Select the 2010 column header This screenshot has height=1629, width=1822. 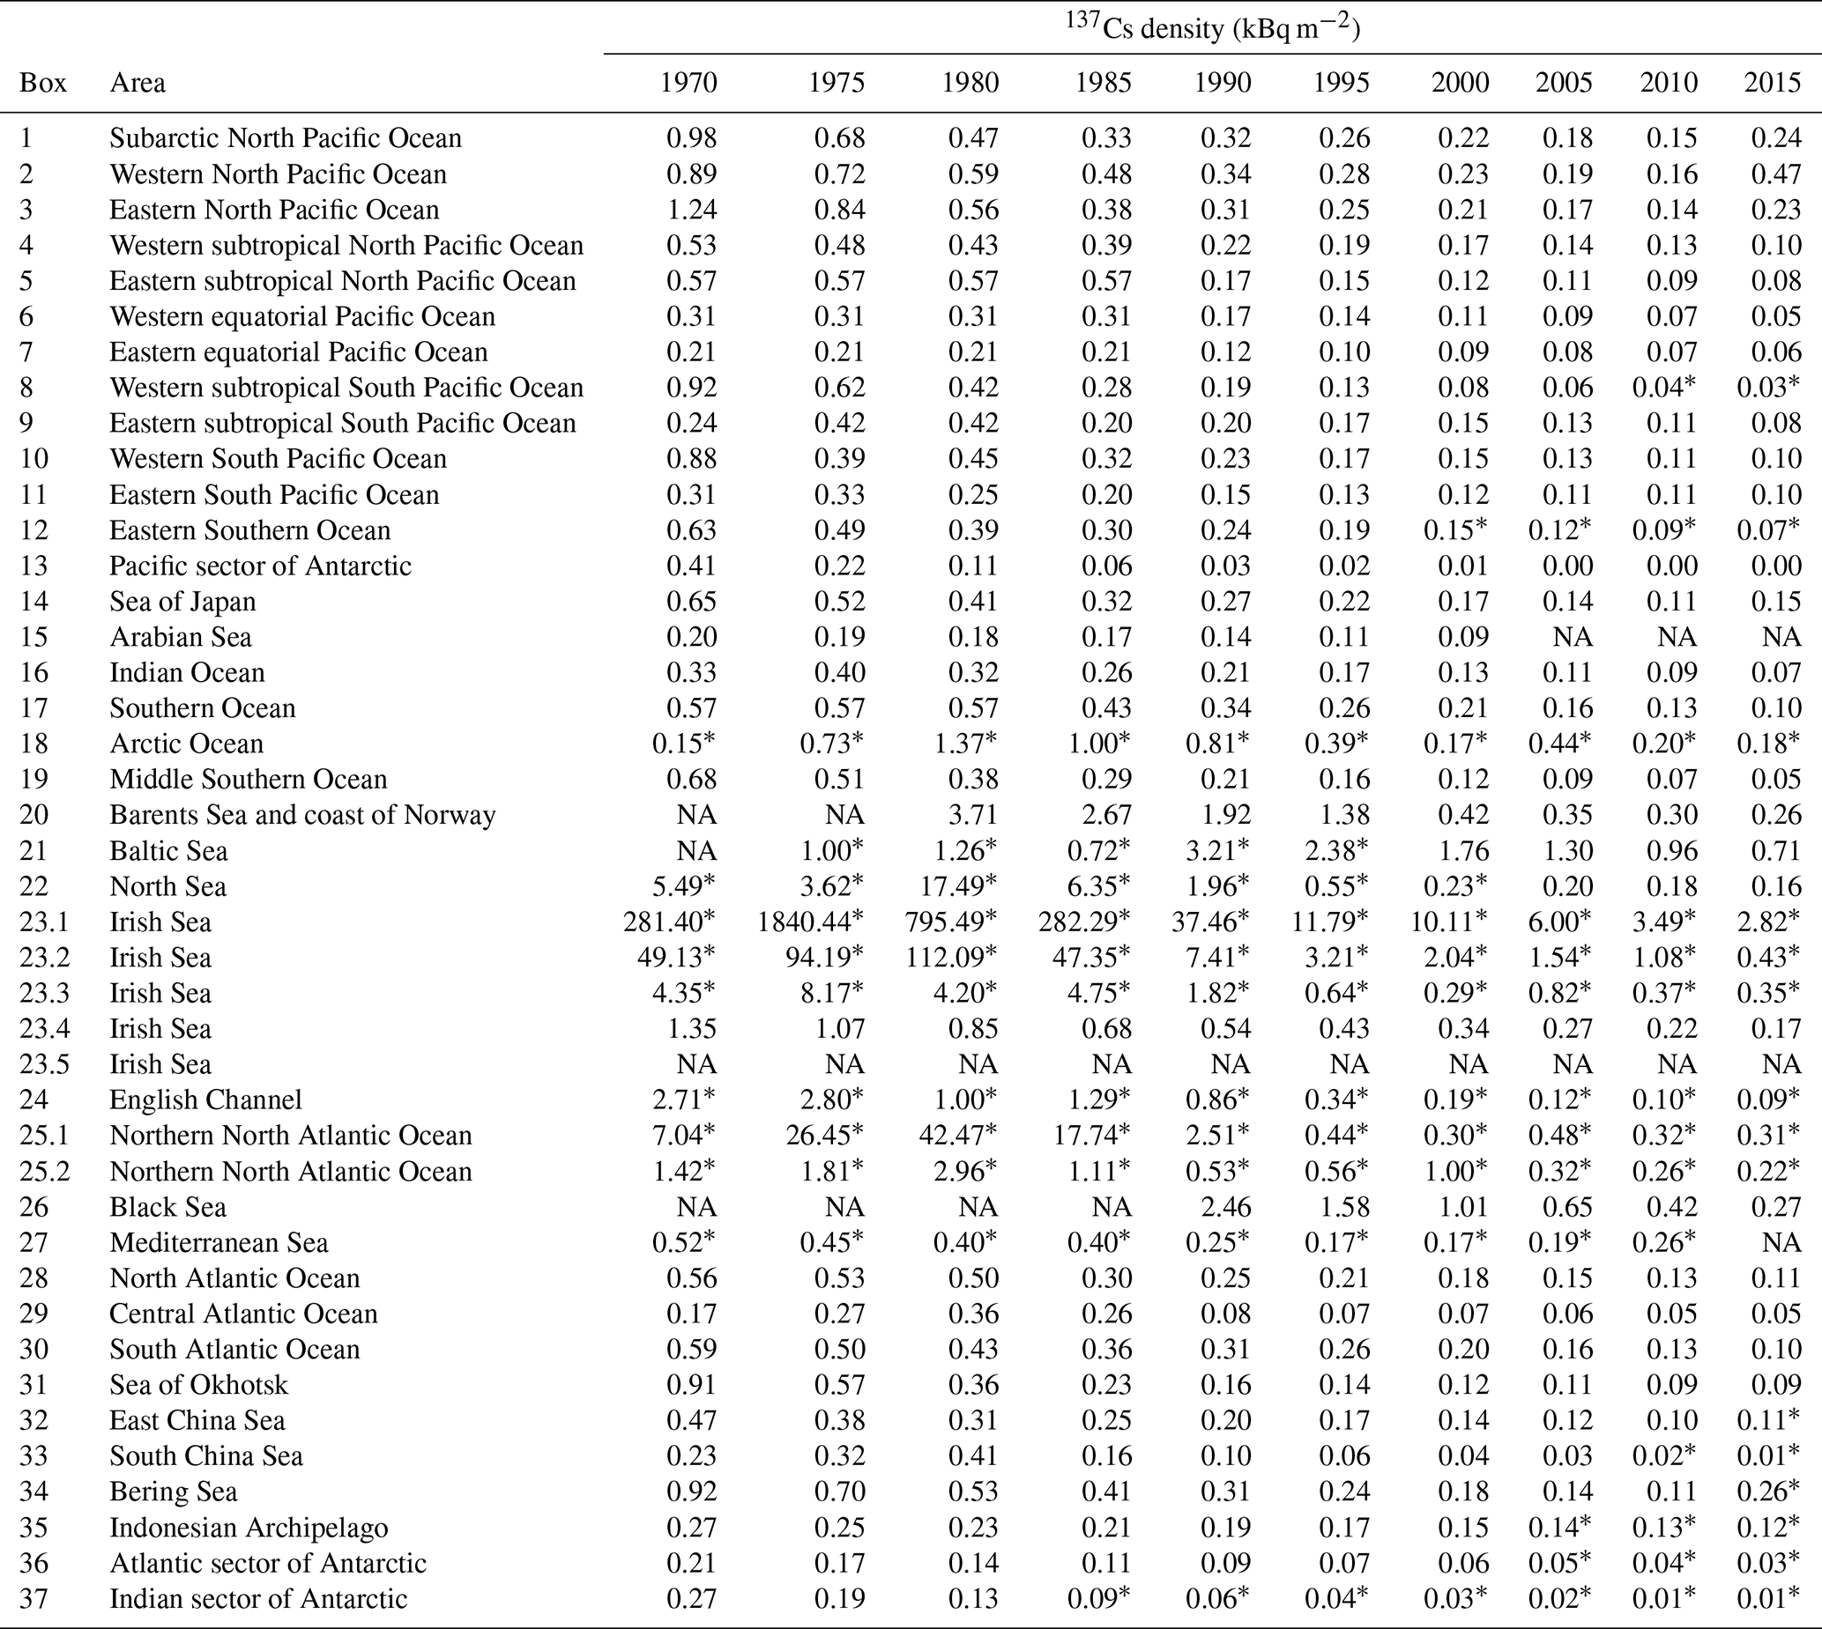pos(1668,82)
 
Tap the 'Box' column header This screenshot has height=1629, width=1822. pos(43,82)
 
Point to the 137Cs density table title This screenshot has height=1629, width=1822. pos(1212,29)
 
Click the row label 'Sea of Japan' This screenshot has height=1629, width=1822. pos(182,602)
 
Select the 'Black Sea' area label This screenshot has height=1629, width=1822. pos(167,1206)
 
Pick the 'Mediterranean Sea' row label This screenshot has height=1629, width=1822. pos(219,1242)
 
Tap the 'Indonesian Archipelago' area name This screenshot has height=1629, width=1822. pos(249,1527)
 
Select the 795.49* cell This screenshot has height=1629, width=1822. pos(952,922)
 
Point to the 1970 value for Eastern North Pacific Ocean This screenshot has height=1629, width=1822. pos(691,210)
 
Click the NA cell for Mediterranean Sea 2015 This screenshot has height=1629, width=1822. pos(1781,1242)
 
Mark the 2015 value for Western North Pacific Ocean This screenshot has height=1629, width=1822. pos(1775,174)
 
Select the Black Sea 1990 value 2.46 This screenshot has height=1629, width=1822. pos(1226,1206)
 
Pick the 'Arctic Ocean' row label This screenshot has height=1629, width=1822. pos(186,744)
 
